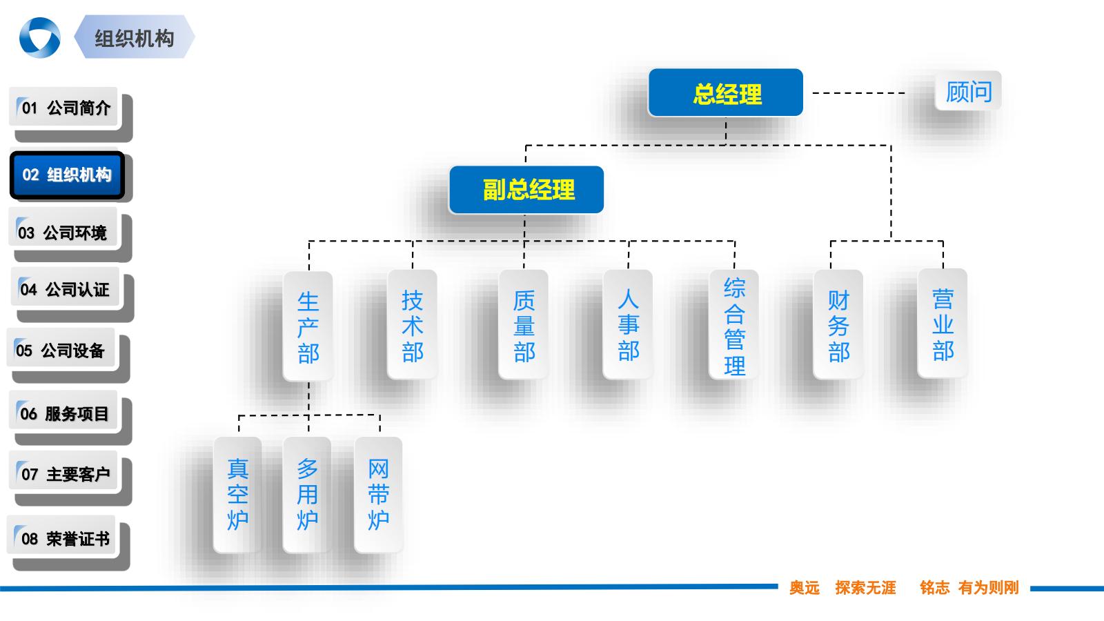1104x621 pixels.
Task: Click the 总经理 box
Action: click(x=725, y=92)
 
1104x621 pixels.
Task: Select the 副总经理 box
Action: click(x=526, y=190)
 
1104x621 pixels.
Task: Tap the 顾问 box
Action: click(x=967, y=91)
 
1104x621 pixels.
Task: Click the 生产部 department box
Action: click(x=308, y=325)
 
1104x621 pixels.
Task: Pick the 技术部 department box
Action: click(x=412, y=324)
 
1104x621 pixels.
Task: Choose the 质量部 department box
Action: click(x=524, y=324)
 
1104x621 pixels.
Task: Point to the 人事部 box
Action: click(x=628, y=324)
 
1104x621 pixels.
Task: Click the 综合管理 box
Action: click(x=734, y=324)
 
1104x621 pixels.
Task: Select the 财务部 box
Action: click(x=838, y=324)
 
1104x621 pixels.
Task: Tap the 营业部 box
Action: click(x=943, y=324)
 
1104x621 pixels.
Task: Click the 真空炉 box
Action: click(x=237, y=494)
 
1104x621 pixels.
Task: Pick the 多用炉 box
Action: click(x=307, y=494)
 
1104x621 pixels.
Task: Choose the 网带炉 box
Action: click(x=378, y=494)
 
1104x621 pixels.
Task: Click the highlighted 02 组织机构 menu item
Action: click(x=67, y=175)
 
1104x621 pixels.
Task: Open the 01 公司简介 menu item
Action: click(x=63, y=108)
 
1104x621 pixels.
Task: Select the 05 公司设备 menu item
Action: click(x=61, y=351)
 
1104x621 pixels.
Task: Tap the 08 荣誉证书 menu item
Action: click(x=62, y=539)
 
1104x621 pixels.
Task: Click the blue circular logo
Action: click(x=39, y=37)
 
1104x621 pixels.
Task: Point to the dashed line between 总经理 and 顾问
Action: click(x=859, y=92)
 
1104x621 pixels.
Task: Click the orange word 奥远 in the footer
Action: click(x=805, y=588)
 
